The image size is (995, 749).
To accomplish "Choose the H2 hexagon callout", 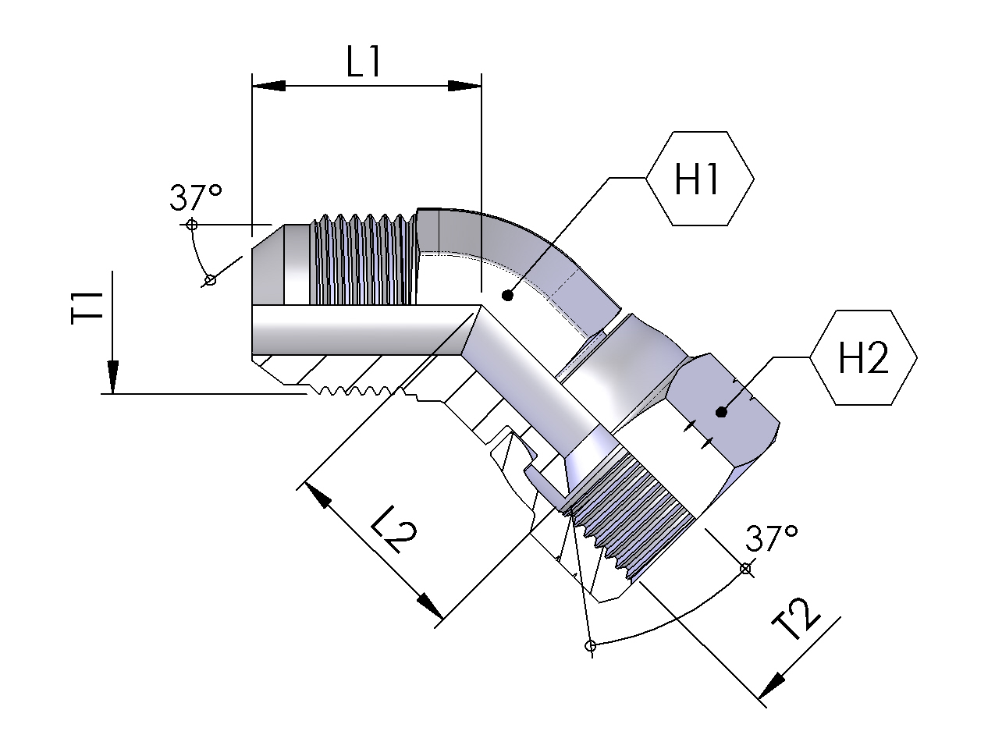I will point(863,359).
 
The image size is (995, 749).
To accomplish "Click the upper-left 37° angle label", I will point(196,199).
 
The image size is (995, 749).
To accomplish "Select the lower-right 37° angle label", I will point(771,538).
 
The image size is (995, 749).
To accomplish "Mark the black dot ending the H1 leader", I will point(507,295).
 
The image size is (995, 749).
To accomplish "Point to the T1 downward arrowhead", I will point(113,378).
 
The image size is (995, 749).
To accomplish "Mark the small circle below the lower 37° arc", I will point(591,646).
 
